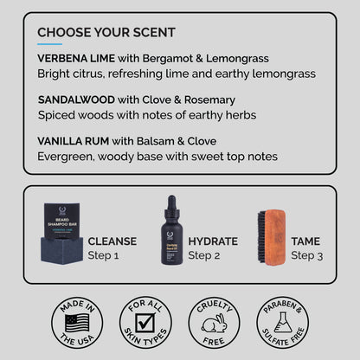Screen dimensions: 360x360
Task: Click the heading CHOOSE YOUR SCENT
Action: point(106,33)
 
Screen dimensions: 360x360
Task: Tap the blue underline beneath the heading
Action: point(50,44)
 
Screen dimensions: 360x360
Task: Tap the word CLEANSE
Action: point(112,241)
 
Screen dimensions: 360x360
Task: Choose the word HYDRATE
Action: point(212,241)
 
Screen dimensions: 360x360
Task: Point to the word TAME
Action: point(305,241)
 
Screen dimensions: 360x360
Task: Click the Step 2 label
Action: point(205,255)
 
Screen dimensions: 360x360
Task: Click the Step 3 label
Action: point(307,255)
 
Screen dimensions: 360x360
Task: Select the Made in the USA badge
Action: point(76,323)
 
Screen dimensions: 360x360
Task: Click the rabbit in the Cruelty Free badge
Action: point(214,325)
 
